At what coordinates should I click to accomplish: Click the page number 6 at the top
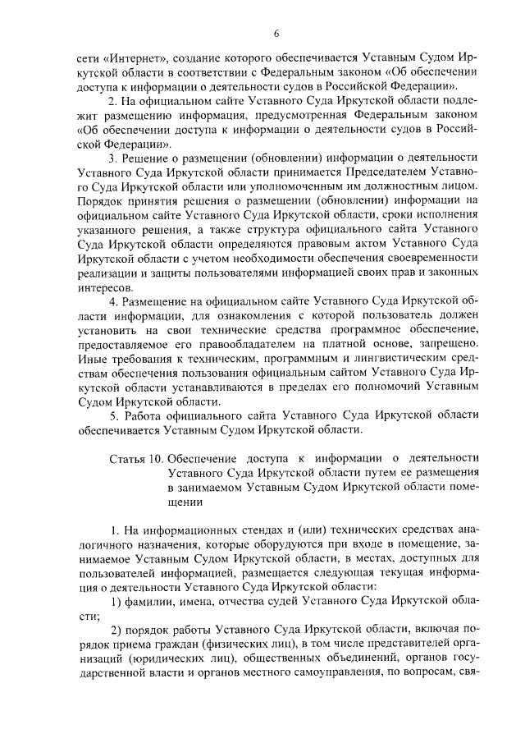coord(276,33)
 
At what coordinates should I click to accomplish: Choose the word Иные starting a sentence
coord(89,361)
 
